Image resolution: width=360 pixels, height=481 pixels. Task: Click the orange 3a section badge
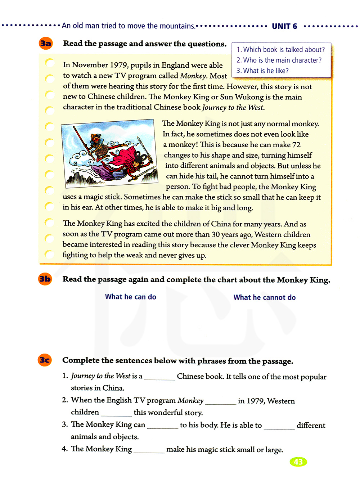point(46,44)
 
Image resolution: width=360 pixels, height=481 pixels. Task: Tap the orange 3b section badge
point(45,279)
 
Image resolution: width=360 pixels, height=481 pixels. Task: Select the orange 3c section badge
point(45,360)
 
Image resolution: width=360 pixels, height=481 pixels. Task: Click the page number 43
point(298,462)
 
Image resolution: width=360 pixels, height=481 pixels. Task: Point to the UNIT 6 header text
point(284,26)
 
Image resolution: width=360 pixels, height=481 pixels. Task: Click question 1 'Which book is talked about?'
point(281,50)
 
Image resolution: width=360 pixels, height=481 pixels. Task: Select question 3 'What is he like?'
point(263,71)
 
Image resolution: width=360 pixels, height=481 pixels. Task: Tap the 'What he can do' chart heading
point(131,297)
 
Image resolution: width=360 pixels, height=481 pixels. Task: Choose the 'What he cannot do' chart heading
point(265,297)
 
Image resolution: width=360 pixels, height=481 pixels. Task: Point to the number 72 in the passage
point(296,145)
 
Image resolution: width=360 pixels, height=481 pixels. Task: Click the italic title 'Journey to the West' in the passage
point(233,107)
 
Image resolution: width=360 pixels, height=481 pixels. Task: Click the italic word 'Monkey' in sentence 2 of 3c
point(190,401)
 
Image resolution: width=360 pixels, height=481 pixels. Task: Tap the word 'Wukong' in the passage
point(249,97)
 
